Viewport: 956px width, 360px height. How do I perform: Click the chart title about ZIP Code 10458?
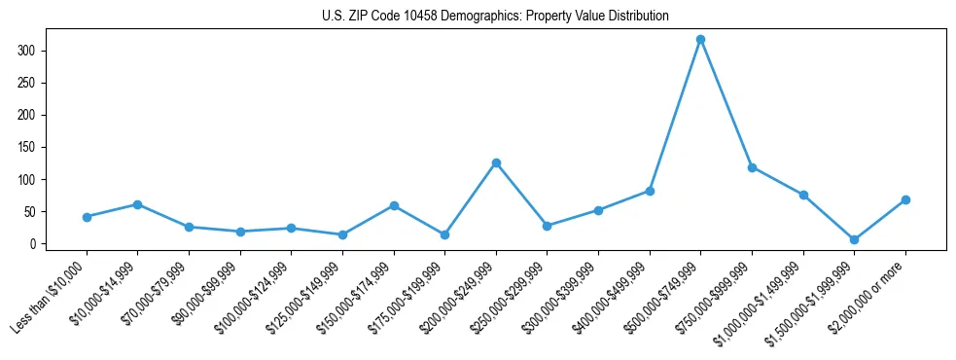(x=495, y=17)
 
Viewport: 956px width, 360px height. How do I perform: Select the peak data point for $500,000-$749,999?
(x=700, y=39)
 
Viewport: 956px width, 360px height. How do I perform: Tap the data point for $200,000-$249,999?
(x=496, y=162)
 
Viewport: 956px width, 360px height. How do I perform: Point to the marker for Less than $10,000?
(x=87, y=217)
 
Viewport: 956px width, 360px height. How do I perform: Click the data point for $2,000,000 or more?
(x=905, y=199)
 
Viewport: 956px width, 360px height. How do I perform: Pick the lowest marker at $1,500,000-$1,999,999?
(x=854, y=239)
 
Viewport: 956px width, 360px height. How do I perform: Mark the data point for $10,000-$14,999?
(x=137, y=204)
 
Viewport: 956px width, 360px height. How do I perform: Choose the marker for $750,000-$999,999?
(x=752, y=167)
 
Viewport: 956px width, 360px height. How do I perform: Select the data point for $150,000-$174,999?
(x=394, y=205)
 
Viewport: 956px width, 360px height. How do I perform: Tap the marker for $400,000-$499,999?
(x=650, y=191)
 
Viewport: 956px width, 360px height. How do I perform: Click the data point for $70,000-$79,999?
(x=189, y=227)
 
